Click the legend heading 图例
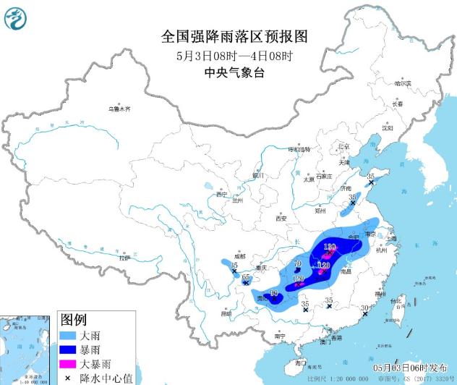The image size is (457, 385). point(73,320)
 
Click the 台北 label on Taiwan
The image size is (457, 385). point(395,302)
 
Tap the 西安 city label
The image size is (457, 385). point(281,218)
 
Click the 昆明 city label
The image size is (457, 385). point(226,314)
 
